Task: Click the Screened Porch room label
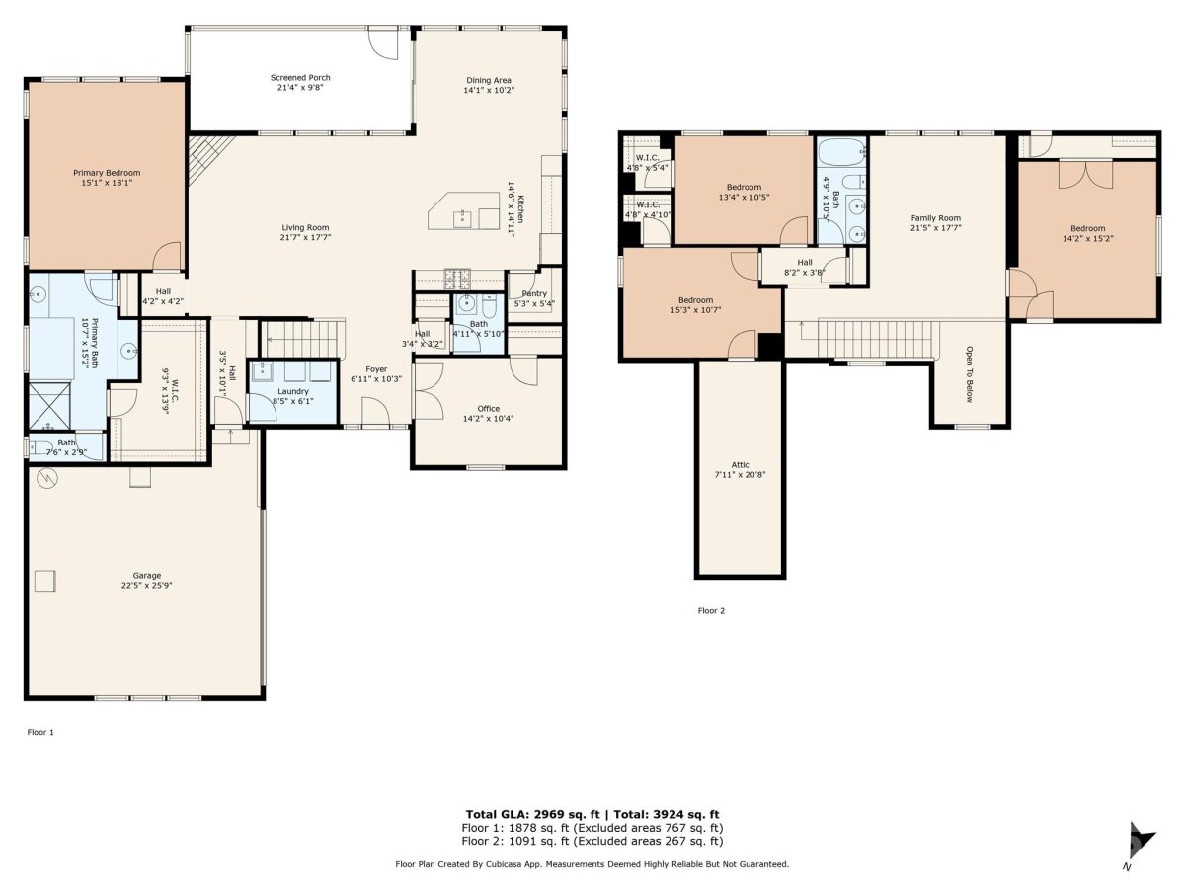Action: click(300, 78)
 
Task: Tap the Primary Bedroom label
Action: click(107, 173)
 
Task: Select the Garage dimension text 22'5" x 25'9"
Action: click(147, 585)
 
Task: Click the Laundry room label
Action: click(293, 391)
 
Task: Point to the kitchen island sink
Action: click(462, 219)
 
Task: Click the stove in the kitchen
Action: click(457, 279)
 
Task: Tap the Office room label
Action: click(488, 409)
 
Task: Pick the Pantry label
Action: click(534, 293)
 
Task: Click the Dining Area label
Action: click(489, 80)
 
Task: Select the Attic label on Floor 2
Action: click(741, 464)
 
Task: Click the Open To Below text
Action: click(969, 374)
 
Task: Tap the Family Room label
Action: click(935, 218)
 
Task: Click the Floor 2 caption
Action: click(711, 611)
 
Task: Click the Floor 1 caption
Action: click(40, 733)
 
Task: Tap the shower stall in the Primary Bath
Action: click(49, 405)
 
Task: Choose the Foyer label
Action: click(376, 369)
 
